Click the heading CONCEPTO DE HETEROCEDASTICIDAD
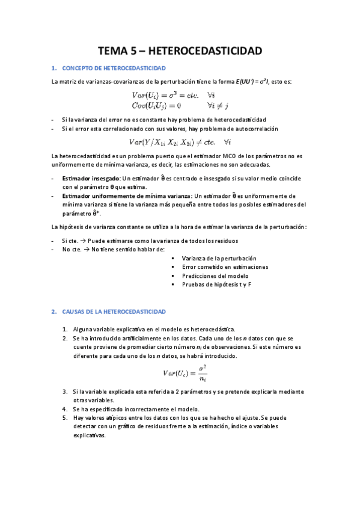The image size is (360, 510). click(x=114, y=69)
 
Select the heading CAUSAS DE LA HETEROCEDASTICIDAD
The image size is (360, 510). click(x=114, y=312)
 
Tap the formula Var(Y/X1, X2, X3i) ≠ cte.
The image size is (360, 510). click(x=180, y=142)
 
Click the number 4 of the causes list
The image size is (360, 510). click(x=65, y=408)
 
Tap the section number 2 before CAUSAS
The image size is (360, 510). click(x=53, y=312)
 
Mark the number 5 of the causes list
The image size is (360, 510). click(x=65, y=417)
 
